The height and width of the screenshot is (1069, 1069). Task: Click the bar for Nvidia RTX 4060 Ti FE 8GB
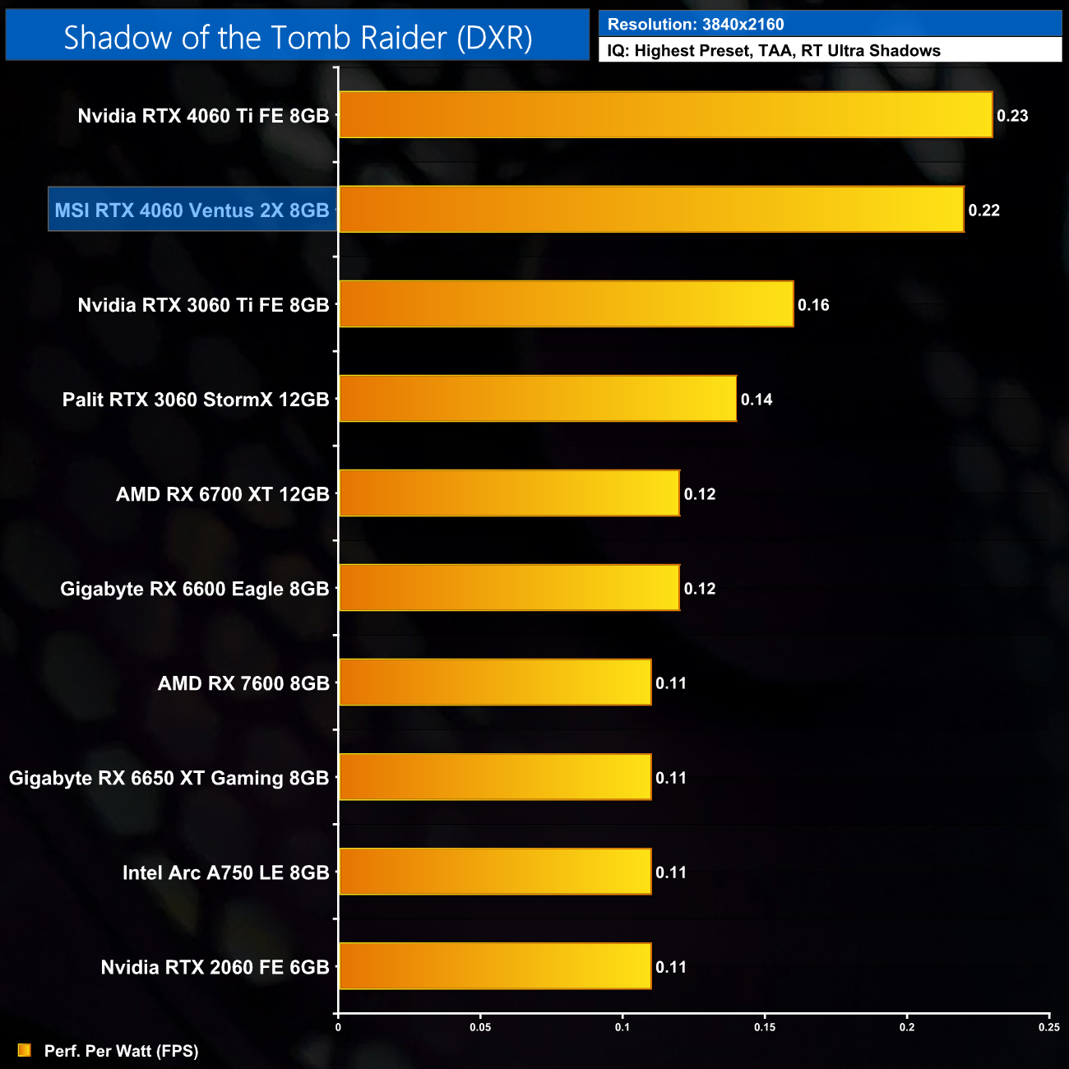click(665, 114)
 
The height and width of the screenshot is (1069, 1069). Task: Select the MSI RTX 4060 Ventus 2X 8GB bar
click(651, 209)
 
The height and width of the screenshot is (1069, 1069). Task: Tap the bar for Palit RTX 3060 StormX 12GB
click(538, 398)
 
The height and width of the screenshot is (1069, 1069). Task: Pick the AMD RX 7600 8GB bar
click(495, 682)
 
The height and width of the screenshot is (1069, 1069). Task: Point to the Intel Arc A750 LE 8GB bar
click(495, 871)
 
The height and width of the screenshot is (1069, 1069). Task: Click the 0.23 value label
click(1012, 116)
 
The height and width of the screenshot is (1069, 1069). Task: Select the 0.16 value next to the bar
click(813, 305)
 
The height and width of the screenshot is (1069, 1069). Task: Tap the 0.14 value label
click(757, 400)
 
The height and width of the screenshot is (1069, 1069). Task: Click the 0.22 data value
click(983, 211)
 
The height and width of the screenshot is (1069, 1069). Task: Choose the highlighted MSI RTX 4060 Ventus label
click(192, 211)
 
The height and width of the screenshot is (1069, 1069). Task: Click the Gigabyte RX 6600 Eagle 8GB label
click(194, 589)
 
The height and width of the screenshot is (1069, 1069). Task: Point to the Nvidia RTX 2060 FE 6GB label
click(215, 967)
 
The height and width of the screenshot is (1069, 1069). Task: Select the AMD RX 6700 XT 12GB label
click(222, 494)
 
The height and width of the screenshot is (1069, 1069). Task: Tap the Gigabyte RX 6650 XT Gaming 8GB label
click(169, 778)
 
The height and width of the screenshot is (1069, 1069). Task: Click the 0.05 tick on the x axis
click(480, 1027)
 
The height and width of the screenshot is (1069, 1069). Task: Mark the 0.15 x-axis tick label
click(765, 1027)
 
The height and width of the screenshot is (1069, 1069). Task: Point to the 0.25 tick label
click(1048, 1027)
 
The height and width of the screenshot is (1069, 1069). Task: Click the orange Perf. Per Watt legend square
click(25, 1050)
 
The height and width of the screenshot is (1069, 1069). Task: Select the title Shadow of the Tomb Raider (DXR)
click(298, 37)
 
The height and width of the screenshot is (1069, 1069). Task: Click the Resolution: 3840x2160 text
click(696, 24)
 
